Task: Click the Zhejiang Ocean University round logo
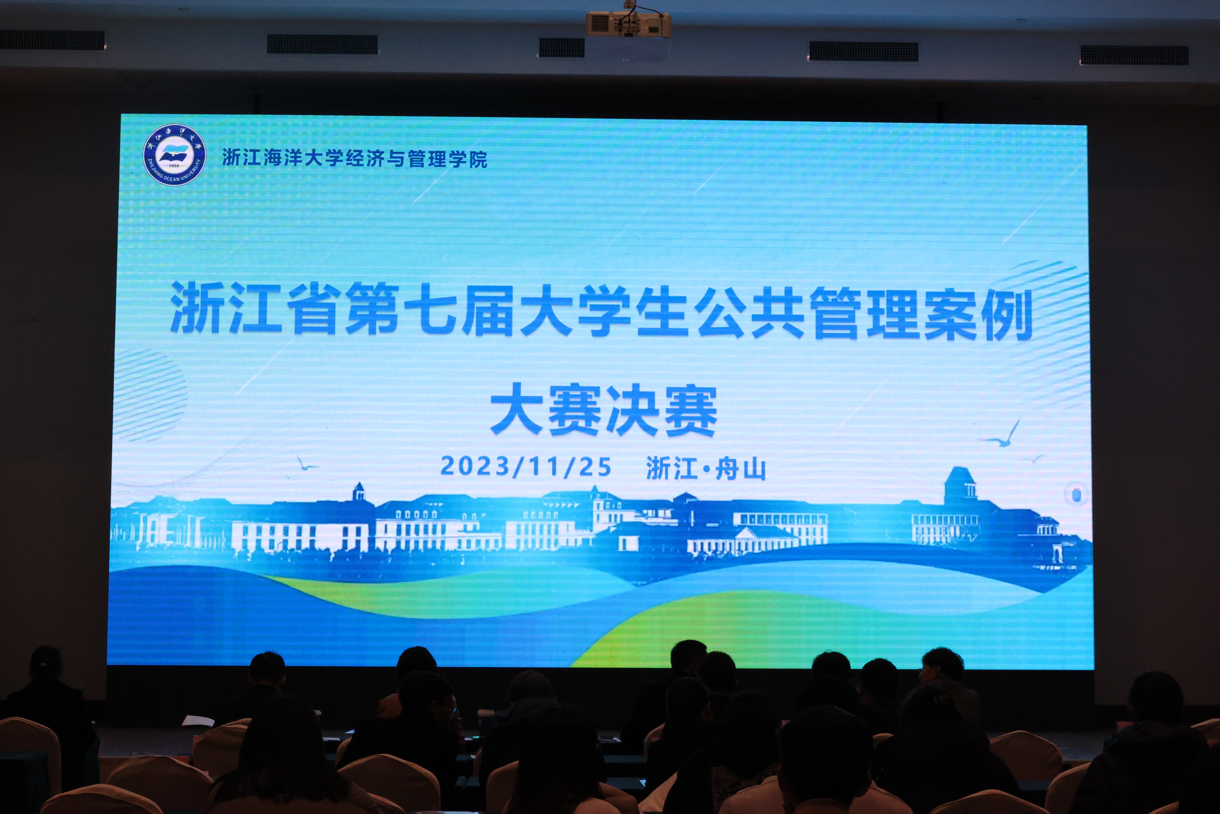coord(174,154)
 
